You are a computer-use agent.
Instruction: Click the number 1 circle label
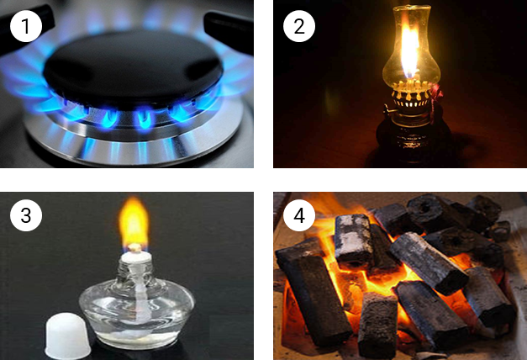pyautogui.click(x=26, y=26)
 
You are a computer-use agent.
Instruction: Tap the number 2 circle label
pyautogui.click(x=299, y=26)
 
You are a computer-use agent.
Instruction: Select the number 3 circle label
pyautogui.click(x=26, y=215)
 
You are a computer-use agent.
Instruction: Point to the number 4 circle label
pyautogui.click(x=299, y=215)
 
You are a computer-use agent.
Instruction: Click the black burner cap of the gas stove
pyautogui.click(x=133, y=67)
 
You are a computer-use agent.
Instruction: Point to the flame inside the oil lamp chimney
pyautogui.click(x=409, y=50)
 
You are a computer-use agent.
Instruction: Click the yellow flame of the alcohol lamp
pyautogui.click(x=134, y=221)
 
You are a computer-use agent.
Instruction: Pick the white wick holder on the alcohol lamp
pyautogui.click(x=136, y=257)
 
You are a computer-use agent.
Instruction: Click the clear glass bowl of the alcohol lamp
pyautogui.click(x=137, y=313)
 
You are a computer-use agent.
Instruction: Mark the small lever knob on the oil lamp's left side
pyautogui.click(x=387, y=109)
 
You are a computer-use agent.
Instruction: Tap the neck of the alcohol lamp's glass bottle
pyautogui.click(x=136, y=273)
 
